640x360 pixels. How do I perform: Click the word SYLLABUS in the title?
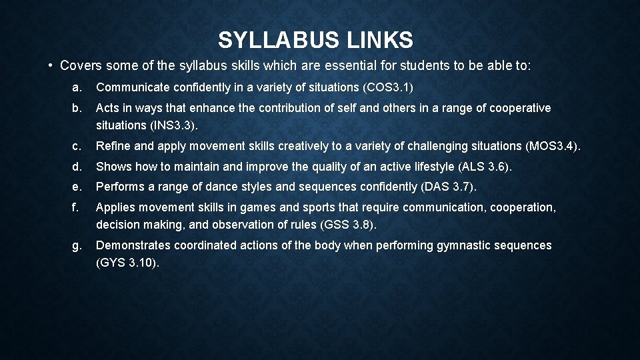tap(279, 41)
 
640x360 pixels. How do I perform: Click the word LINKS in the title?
tap(380, 41)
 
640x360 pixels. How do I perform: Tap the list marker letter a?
tap(77, 87)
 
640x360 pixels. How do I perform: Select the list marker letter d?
tap(77, 166)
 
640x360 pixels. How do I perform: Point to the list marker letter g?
tap(77, 245)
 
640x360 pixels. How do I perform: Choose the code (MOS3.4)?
tap(552, 145)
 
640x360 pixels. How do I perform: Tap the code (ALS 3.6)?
tap(489, 166)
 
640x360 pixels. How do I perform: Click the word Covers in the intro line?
tap(79, 65)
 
